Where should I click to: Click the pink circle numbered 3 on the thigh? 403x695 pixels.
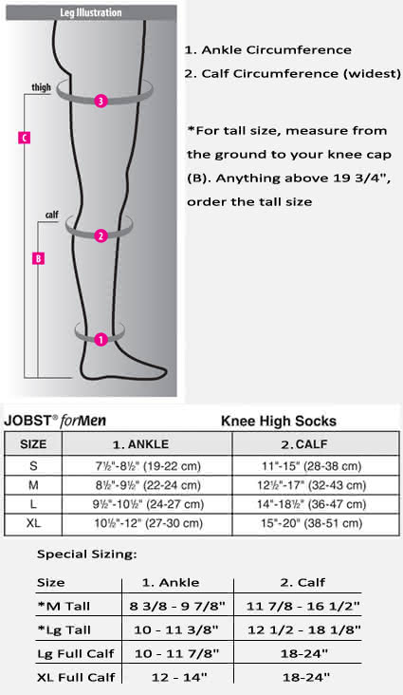click(x=101, y=101)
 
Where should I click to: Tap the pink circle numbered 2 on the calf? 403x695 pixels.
click(x=101, y=235)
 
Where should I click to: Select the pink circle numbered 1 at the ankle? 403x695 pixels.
click(x=101, y=340)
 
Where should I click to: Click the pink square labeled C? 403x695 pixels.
click(x=24, y=138)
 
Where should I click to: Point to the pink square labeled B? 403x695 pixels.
click(x=39, y=258)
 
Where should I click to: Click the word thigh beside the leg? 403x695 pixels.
click(x=41, y=87)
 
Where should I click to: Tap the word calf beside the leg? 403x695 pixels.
click(x=52, y=215)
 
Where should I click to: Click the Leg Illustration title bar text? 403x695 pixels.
click(x=91, y=12)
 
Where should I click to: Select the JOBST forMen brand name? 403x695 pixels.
click(x=55, y=421)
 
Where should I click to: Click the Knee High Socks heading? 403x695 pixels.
click(x=279, y=421)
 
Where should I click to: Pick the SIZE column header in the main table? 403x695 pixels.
click(x=33, y=444)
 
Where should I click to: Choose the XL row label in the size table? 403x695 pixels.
click(x=33, y=523)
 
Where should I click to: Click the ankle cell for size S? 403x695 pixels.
click(x=148, y=466)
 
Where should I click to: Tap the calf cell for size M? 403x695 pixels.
click(x=312, y=485)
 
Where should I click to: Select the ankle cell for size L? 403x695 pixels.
click(x=148, y=504)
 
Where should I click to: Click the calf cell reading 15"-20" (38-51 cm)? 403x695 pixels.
click(x=312, y=523)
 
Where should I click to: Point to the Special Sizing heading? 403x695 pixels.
click(x=87, y=554)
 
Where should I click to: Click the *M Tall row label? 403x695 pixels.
click(x=64, y=606)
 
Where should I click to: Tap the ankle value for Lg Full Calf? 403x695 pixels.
click(x=176, y=653)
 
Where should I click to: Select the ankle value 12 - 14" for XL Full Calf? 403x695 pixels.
click(x=179, y=677)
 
